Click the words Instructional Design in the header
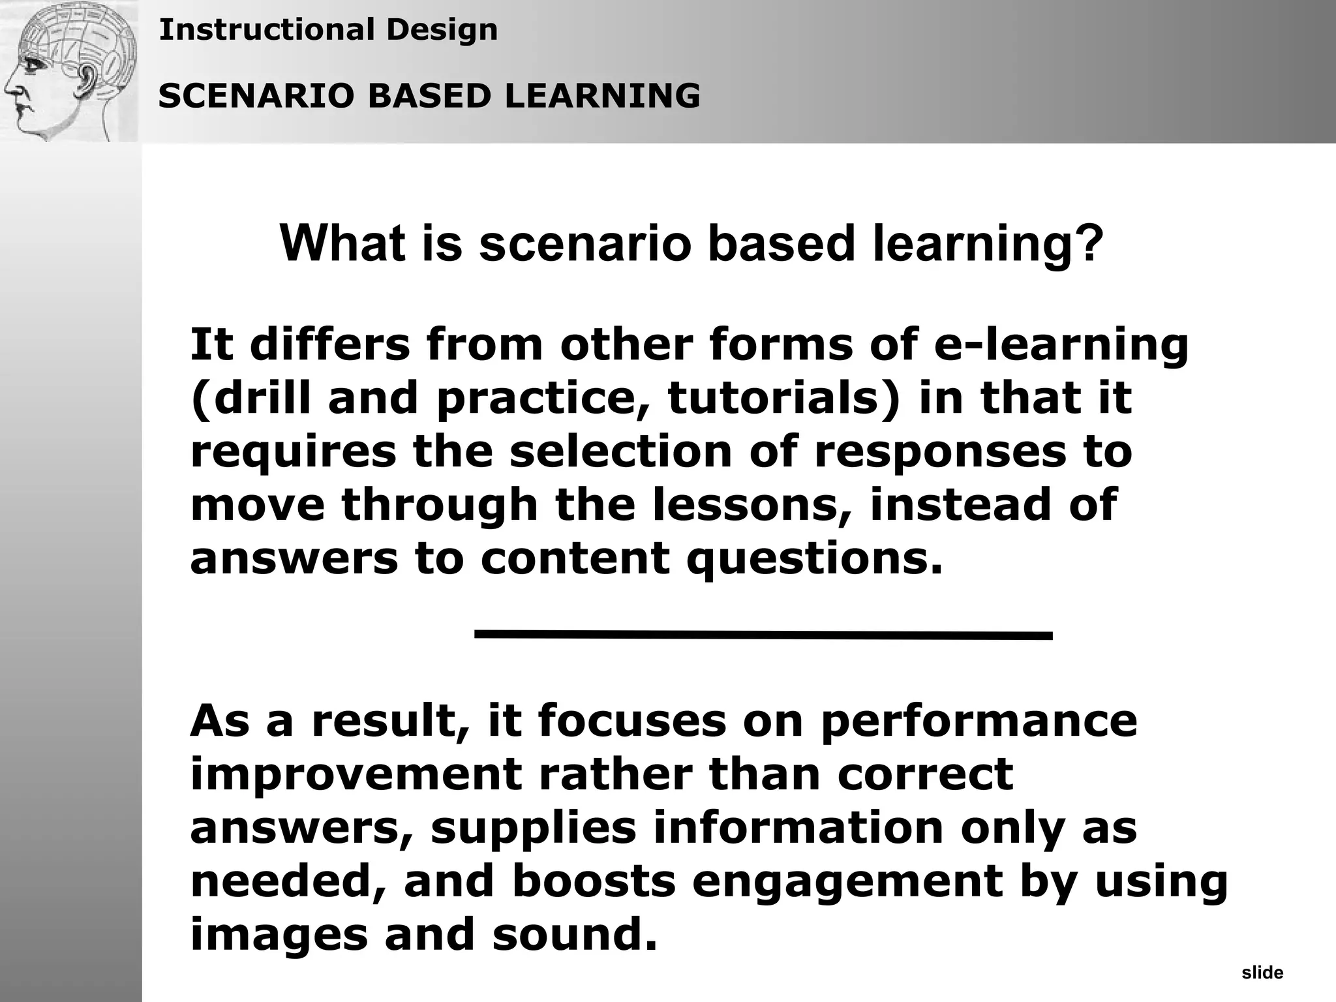[328, 30]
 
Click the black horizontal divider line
[763, 634]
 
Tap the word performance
[979, 721]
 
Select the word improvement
[356, 775]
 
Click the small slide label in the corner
[1262, 973]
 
